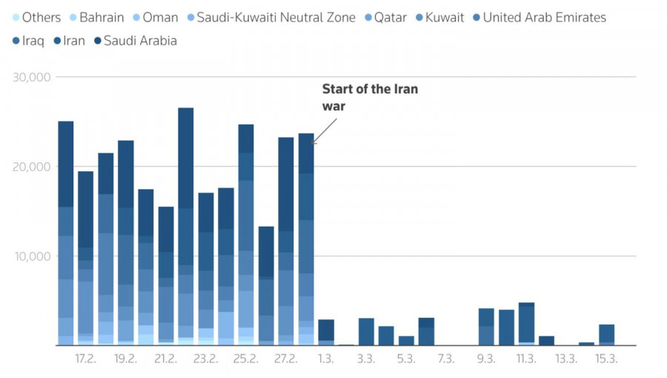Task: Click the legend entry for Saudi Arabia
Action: coord(140,41)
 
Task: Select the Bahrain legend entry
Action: coord(101,17)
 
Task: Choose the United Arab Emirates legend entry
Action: coord(544,17)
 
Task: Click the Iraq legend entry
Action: coord(29,41)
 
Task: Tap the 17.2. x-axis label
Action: coord(85,359)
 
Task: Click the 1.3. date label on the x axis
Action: coord(326,359)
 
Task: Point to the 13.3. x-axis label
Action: coord(566,359)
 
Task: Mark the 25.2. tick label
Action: coord(246,359)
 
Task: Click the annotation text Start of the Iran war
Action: coord(369,97)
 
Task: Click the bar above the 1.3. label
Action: coord(326,332)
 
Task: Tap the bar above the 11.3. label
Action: coord(526,324)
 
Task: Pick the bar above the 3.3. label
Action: coord(366,331)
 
